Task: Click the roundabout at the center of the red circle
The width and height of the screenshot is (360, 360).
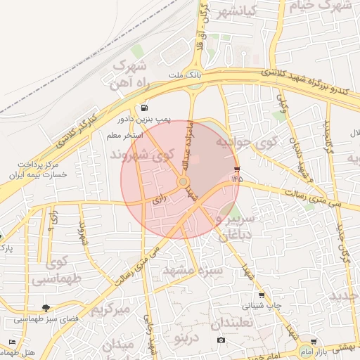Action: [183, 183]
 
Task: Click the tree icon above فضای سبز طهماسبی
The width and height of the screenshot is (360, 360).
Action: [46, 308]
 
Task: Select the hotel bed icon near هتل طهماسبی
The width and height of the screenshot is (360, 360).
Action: [11, 342]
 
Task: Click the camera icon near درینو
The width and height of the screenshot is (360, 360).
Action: [221, 340]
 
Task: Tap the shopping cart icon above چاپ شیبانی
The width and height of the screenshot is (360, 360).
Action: [262, 295]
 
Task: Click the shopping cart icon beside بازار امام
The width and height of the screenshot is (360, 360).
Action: [314, 341]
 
